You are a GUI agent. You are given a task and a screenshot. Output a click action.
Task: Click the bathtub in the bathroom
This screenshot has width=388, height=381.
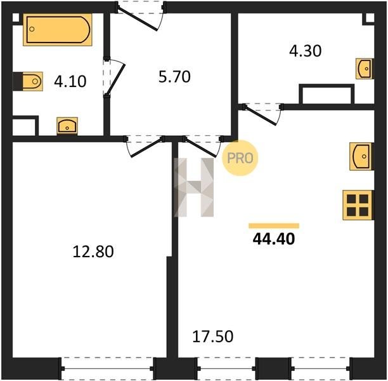(58, 29)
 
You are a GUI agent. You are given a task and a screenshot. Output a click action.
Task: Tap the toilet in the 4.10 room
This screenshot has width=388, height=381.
(28, 81)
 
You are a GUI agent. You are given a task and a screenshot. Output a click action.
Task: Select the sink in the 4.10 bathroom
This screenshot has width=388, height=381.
(67, 126)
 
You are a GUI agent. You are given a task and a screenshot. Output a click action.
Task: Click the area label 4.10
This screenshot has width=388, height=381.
(70, 81)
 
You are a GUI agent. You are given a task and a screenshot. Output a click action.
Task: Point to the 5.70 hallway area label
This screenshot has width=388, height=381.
(174, 77)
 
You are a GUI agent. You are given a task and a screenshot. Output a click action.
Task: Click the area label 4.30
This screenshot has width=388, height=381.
(306, 51)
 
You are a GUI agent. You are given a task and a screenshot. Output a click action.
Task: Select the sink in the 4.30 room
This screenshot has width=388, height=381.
(365, 69)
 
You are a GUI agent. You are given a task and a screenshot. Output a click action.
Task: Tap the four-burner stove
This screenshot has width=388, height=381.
(358, 205)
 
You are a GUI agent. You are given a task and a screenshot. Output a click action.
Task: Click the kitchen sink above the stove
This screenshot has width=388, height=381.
(361, 156)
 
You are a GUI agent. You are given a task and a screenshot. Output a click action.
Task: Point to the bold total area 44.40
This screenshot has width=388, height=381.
(274, 239)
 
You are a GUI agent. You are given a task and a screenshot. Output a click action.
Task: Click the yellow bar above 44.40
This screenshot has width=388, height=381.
(274, 225)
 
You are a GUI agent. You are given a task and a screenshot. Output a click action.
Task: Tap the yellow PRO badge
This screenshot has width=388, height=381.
(240, 158)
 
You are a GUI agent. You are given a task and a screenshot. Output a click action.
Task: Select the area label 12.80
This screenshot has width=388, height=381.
(93, 251)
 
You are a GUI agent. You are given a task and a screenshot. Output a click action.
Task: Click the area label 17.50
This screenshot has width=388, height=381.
(213, 337)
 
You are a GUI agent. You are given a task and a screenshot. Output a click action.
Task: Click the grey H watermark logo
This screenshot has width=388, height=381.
(194, 187)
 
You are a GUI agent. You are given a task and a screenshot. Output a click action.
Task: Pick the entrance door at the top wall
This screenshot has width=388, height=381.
(140, 15)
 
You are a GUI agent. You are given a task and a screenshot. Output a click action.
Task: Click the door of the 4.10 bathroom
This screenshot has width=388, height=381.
(114, 77)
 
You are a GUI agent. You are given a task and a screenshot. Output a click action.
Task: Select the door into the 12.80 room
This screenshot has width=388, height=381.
(145, 146)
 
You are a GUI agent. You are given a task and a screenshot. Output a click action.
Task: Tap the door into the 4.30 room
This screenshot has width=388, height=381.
(263, 114)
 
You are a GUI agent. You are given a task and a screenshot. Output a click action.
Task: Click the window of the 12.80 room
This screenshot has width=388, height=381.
(107, 368)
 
